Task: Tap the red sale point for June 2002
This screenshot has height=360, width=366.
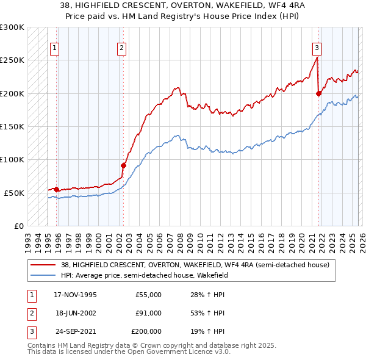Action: [x=123, y=165]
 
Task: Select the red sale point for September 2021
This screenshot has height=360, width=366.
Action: [x=318, y=93]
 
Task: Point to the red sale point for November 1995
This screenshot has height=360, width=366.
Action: [x=57, y=189]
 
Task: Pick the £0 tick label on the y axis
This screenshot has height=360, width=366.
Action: [x=17, y=226]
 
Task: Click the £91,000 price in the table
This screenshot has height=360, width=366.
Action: [x=149, y=313]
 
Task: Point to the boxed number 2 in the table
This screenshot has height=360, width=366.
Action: [x=30, y=313]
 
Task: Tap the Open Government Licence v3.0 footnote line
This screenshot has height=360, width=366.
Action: [x=129, y=352]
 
